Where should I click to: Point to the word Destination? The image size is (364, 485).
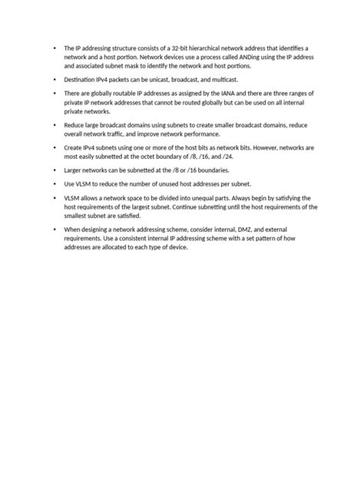pos(80,79)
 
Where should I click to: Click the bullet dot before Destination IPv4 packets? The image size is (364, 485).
pos(55,79)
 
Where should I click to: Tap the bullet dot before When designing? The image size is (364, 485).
pos(55,229)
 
